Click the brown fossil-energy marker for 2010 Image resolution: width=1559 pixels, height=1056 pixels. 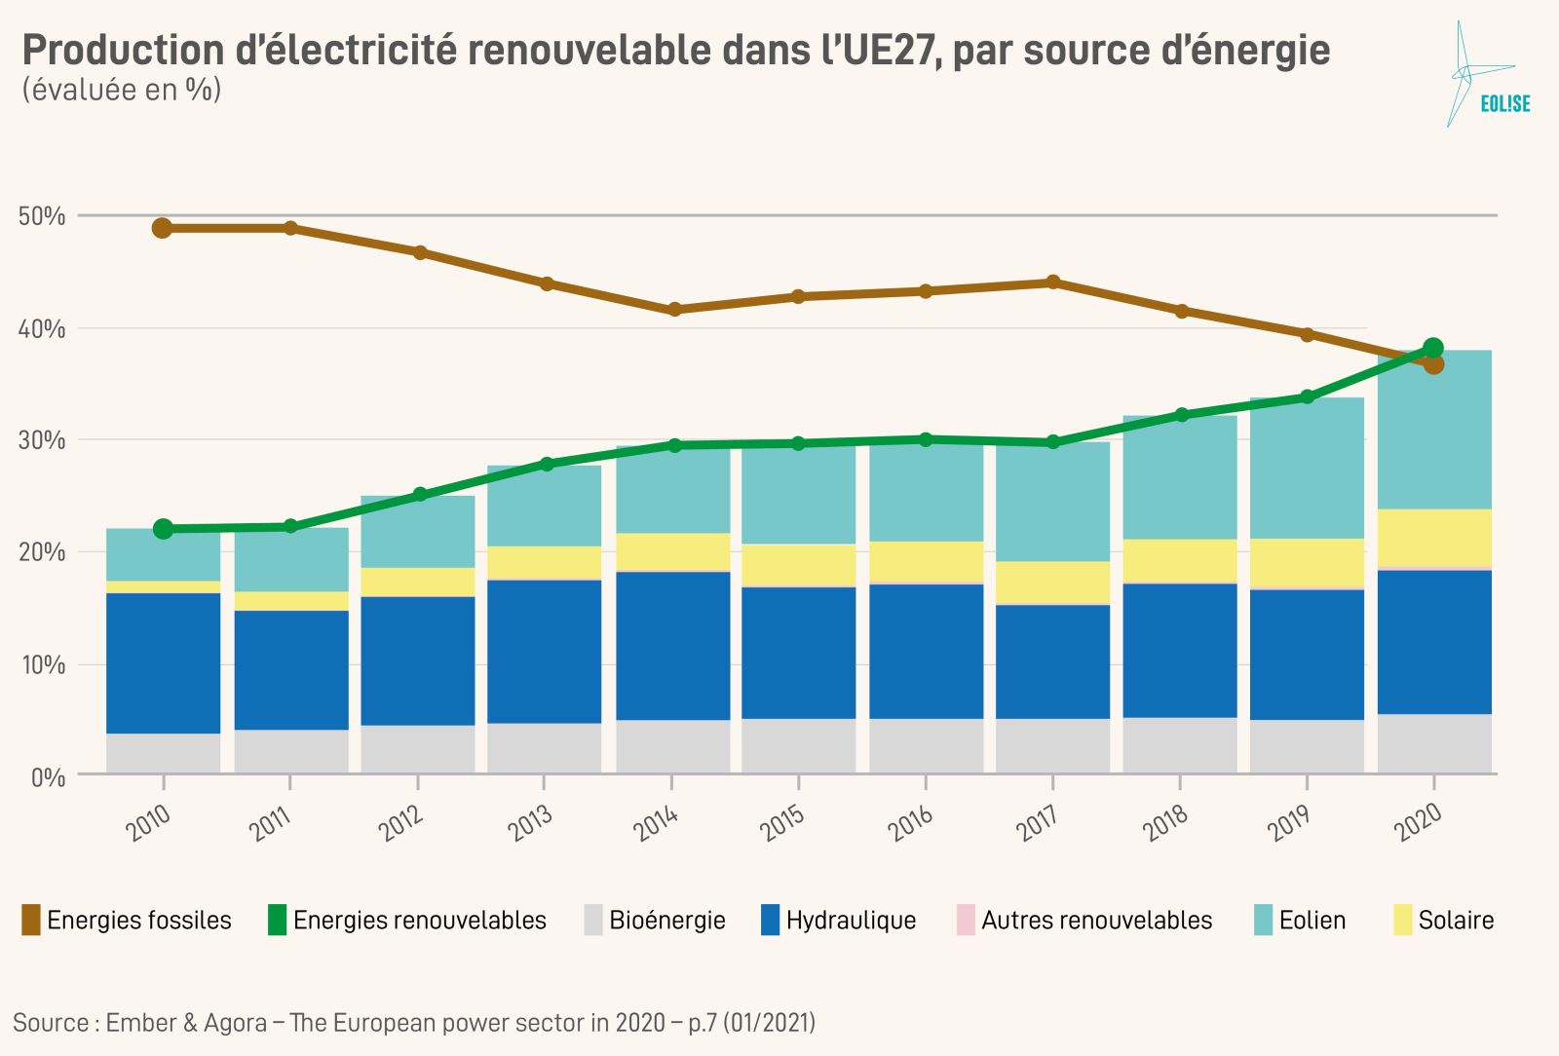(163, 228)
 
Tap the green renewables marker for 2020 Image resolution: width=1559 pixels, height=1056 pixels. (1432, 348)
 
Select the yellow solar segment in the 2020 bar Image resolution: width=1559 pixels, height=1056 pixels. (1434, 537)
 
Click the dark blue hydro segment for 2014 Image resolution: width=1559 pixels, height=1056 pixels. (672, 645)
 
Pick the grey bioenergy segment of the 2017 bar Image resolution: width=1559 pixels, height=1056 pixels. (1052, 745)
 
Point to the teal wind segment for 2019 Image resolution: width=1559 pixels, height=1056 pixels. (1307, 469)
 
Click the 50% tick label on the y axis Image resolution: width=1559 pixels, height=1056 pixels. (42, 216)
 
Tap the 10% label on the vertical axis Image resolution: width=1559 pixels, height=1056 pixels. (42, 665)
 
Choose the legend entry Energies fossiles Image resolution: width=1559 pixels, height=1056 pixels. (138, 921)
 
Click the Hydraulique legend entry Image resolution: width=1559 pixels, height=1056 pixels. (851, 921)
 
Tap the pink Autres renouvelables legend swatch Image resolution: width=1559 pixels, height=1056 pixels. (966, 921)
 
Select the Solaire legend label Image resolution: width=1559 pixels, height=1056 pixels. (1456, 921)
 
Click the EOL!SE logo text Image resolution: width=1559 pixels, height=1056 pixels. (1504, 104)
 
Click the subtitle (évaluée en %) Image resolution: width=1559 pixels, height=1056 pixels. (122, 90)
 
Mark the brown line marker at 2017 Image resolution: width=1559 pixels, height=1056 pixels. (1052, 283)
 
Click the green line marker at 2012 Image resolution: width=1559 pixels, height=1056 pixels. (419, 495)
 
